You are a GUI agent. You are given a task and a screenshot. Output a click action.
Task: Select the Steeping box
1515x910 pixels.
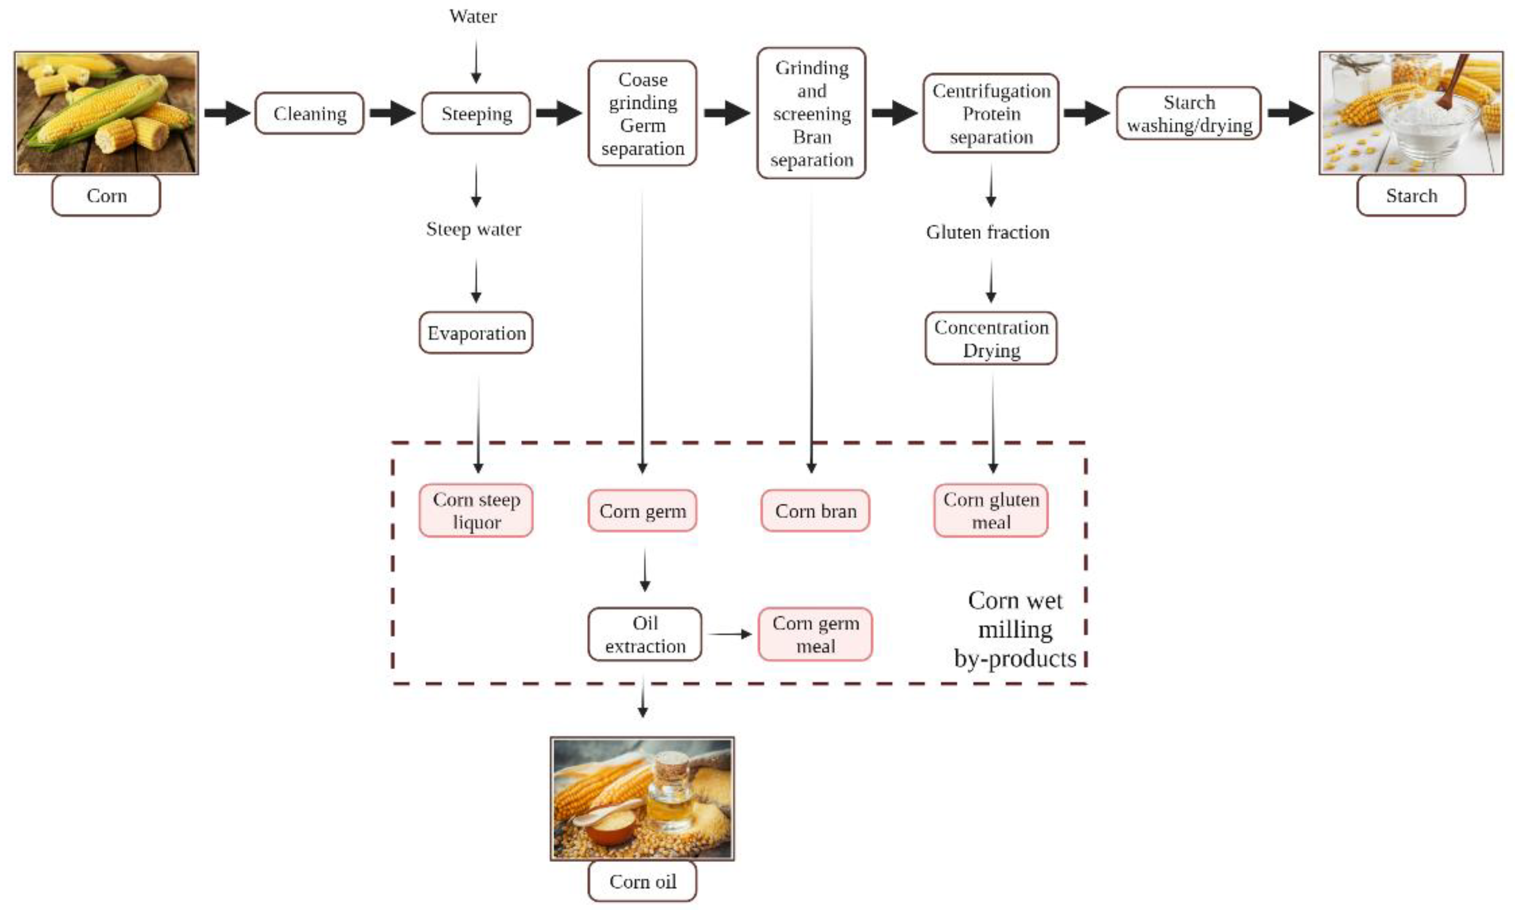[x=476, y=114]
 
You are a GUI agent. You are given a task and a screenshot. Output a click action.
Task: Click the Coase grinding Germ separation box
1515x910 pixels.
[x=642, y=114]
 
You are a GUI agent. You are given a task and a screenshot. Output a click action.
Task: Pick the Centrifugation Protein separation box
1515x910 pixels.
[x=990, y=114]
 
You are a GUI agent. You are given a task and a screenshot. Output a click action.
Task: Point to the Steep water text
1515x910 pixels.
[x=473, y=229]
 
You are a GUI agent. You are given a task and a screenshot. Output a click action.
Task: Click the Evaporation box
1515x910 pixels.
[x=476, y=333]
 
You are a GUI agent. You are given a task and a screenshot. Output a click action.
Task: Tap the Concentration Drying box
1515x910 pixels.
[x=990, y=338]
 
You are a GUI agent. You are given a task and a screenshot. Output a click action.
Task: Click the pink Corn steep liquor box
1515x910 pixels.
[x=476, y=510]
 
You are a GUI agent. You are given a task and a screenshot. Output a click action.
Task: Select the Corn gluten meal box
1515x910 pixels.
[x=990, y=510]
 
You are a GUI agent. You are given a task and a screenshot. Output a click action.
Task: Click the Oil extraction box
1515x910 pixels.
[x=644, y=634]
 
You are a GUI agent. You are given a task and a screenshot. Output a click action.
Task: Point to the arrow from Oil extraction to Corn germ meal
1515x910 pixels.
[x=729, y=634]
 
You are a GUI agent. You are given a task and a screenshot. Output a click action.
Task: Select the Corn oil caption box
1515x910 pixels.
[x=642, y=881]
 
